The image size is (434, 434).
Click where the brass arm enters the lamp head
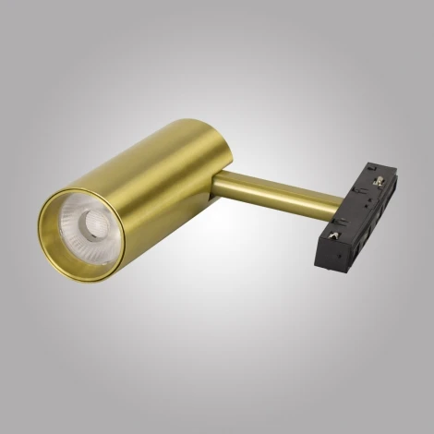pos(220,189)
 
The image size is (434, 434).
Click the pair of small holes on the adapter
pos(369,205)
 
